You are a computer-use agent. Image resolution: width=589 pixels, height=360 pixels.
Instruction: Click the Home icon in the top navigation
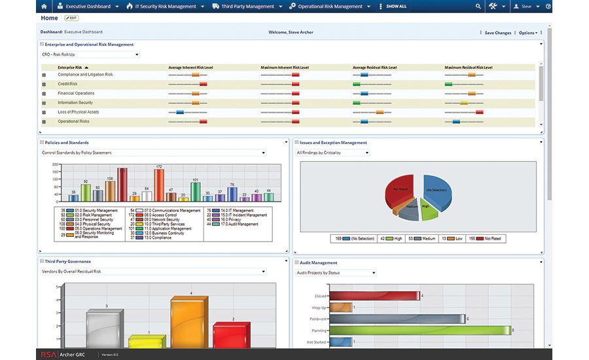click(44, 7)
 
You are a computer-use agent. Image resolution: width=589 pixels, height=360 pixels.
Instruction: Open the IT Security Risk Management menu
click(164, 7)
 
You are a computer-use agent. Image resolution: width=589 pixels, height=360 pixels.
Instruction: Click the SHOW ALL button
click(395, 7)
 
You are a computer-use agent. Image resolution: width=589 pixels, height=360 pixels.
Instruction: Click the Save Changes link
click(497, 32)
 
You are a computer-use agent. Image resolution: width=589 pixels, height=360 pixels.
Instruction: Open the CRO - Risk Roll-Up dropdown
click(90, 55)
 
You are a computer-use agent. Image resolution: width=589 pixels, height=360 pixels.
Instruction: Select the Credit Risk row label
click(67, 84)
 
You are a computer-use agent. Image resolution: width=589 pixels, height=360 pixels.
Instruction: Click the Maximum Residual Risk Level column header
click(469, 67)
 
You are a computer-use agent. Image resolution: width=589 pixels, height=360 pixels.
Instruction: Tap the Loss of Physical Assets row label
click(78, 112)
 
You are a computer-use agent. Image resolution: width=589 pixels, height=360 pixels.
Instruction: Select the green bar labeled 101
click(195, 191)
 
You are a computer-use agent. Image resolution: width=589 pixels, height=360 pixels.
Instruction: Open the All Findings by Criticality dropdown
click(332, 153)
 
